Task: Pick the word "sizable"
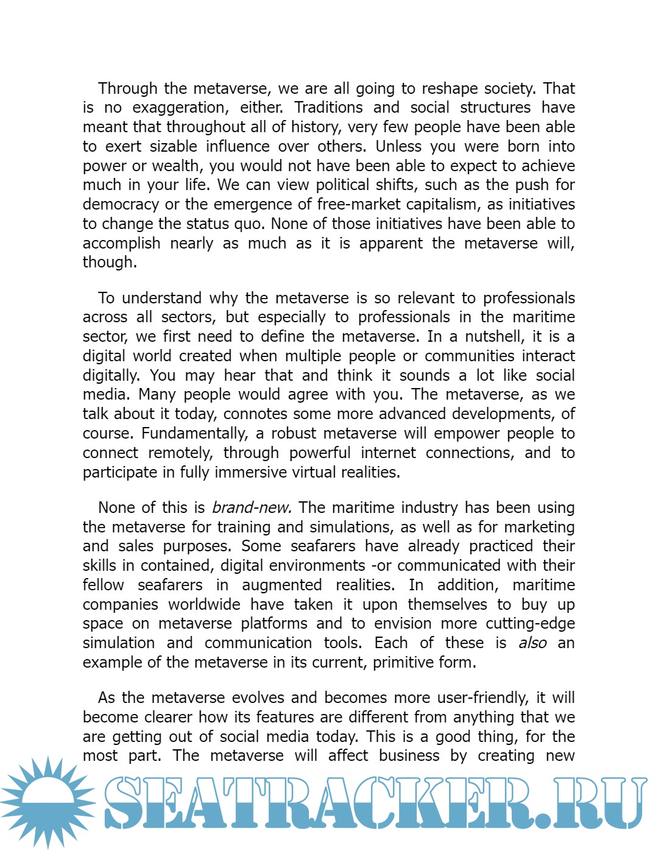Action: [x=174, y=147]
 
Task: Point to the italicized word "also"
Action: [x=532, y=643]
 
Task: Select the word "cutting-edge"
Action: [x=530, y=624]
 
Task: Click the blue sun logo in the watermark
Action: [x=48, y=802]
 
